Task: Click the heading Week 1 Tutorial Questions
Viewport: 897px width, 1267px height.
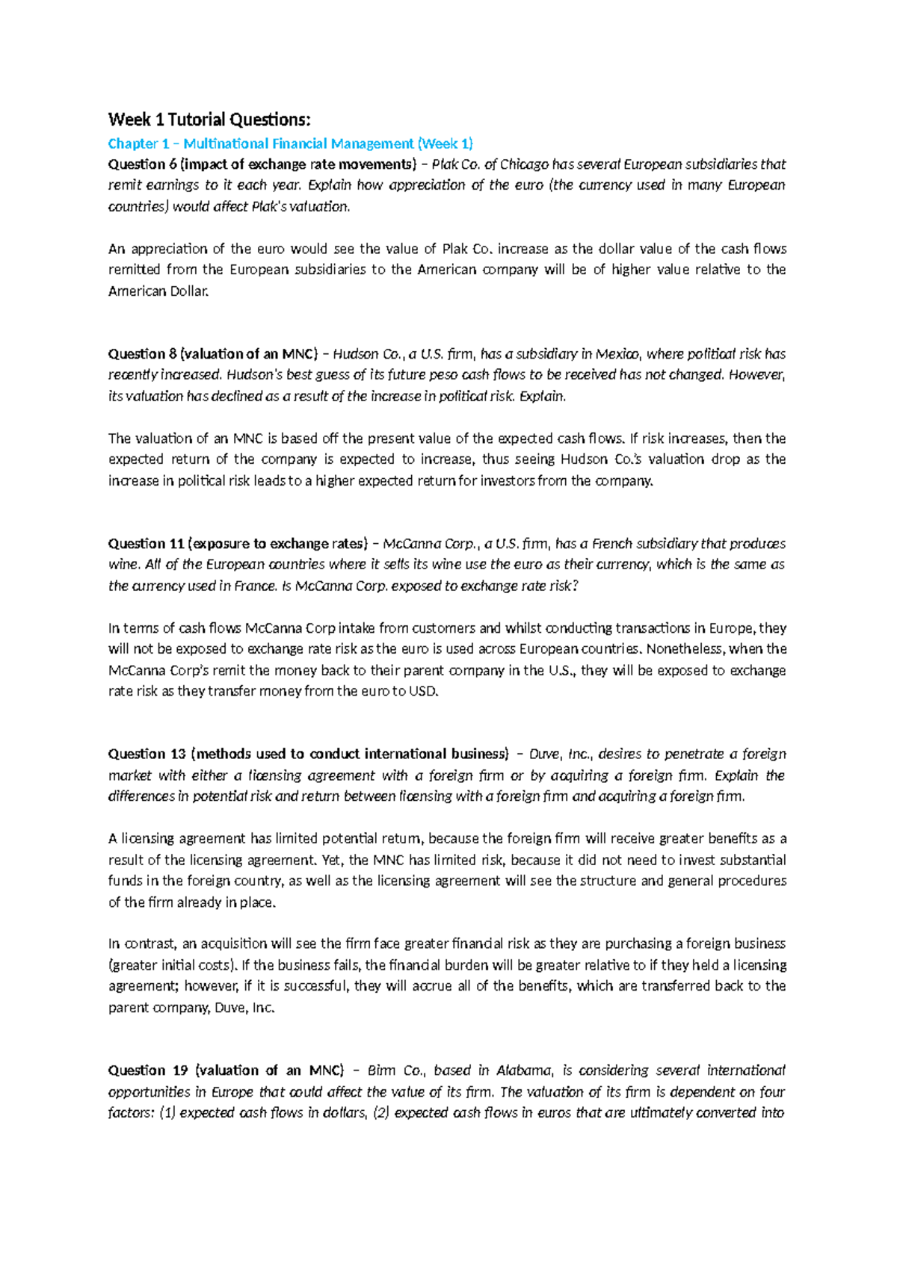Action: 209,120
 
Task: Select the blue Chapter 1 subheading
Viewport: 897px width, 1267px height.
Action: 290,143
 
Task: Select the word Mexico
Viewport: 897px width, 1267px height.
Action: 617,354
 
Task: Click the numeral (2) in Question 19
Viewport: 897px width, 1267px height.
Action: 380,1113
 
